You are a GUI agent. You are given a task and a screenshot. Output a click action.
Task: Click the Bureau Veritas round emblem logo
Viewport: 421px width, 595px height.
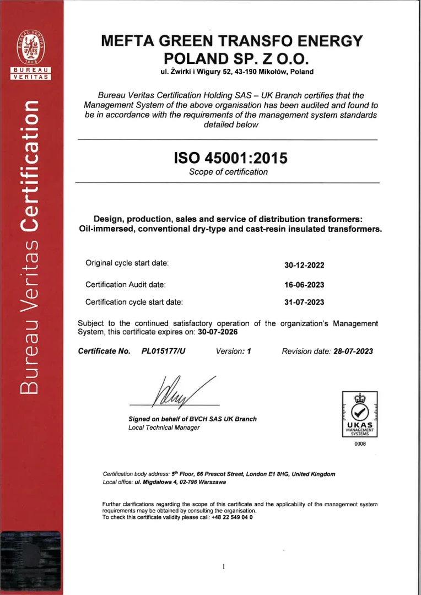coord(31,47)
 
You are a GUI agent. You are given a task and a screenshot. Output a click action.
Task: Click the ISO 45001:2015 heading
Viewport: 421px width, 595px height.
coord(230,158)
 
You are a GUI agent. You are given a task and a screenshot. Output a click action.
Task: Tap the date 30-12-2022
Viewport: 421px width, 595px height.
coord(304,265)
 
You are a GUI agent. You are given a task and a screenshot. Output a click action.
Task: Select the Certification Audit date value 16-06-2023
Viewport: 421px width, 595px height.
coord(304,285)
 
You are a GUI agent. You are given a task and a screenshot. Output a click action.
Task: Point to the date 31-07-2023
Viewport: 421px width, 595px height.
coord(304,302)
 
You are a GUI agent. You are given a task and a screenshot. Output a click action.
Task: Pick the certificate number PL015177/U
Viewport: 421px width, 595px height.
coord(164,351)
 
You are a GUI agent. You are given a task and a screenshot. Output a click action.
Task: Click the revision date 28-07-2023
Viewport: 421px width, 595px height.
coord(353,351)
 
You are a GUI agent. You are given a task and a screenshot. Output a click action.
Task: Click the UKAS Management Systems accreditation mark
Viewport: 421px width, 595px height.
coord(360,414)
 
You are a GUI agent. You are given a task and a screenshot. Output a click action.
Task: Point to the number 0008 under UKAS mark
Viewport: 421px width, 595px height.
coord(360,444)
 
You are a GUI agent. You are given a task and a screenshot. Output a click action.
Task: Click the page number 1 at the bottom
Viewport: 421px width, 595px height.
coord(223,566)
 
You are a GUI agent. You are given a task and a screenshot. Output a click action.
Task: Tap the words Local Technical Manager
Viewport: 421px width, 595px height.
coord(164,428)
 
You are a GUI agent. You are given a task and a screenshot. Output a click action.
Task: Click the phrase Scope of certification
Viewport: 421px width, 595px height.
coord(228,172)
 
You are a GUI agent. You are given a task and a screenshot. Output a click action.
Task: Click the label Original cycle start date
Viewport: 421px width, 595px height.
coord(127,263)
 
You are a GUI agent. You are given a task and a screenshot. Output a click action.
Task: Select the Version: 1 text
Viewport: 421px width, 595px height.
coord(234,351)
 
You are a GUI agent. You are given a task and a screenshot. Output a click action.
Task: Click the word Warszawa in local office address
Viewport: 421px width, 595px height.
coord(210,482)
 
